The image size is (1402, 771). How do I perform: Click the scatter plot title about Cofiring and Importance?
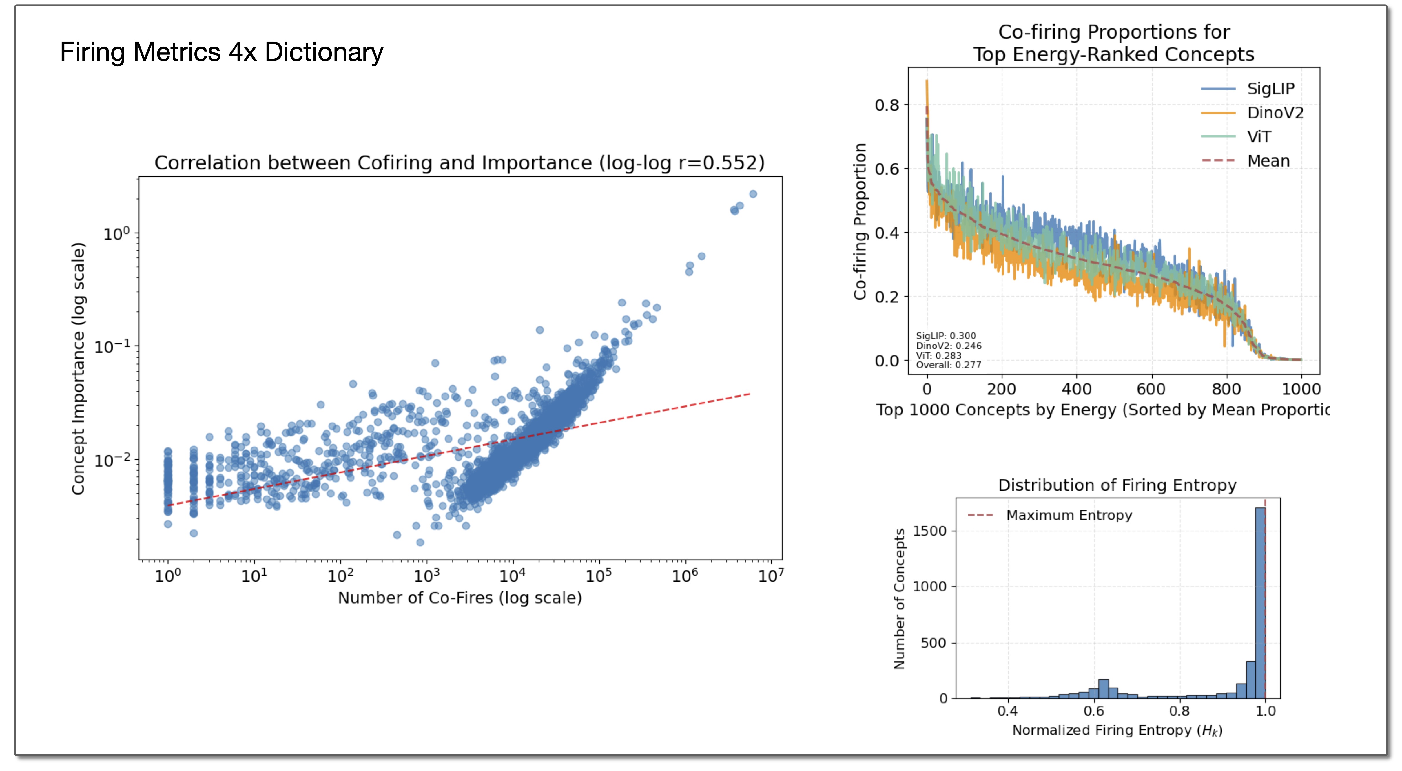tap(459, 163)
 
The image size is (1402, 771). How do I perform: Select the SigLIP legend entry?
tap(1270, 89)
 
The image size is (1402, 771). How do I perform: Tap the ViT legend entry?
tap(1259, 137)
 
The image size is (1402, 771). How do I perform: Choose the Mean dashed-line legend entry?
tap(1268, 161)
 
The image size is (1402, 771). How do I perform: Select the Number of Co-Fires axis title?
tap(460, 598)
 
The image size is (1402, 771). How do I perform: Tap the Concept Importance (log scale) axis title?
tap(79, 368)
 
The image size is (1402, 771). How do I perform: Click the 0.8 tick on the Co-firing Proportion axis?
tap(887, 105)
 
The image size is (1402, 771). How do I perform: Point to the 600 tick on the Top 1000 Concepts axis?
tap(1151, 389)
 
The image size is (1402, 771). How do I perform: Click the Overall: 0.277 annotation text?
tap(948, 365)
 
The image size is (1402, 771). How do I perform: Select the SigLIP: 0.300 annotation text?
tap(946, 336)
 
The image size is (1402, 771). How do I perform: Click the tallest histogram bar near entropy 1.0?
tap(1260, 604)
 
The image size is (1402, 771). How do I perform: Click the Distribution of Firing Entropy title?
tap(1117, 485)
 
